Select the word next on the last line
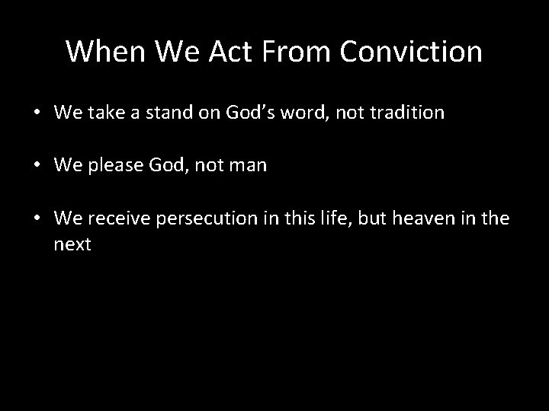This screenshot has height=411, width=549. pos(72,244)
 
